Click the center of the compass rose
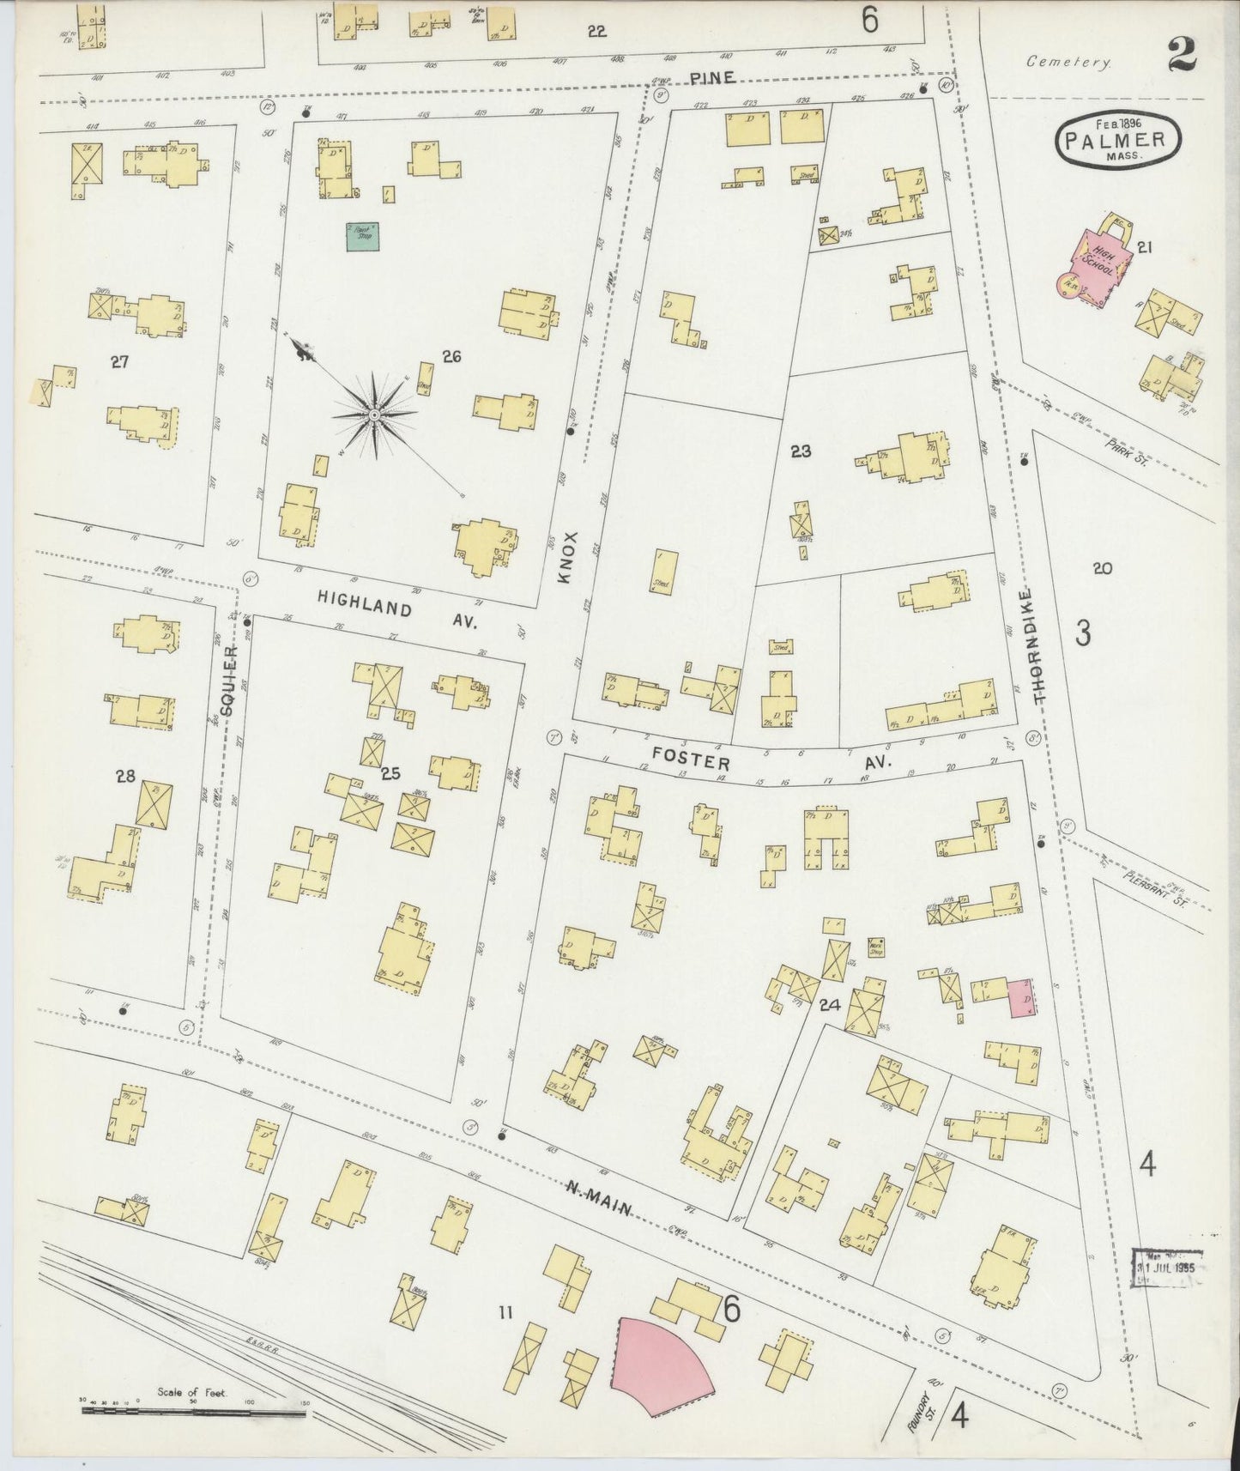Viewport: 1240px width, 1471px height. pyautogui.click(x=375, y=415)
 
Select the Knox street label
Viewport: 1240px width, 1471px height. pyautogui.click(x=572, y=559)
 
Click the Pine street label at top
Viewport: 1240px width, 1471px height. pyautogui.click(x=712, y=78)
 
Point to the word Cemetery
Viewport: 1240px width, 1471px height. pyautogui.click(x=1069, y=62)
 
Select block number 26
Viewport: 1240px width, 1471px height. pyautogui.click(x=451, y=355)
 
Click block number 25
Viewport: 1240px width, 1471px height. pyautogui.click(x=390, y=774)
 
